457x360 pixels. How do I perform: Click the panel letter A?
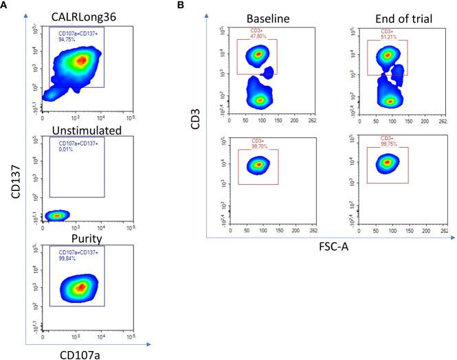coord(4,5)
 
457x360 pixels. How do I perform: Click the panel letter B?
coord(181,5)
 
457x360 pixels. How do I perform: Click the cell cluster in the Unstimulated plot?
coord(57,216)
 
